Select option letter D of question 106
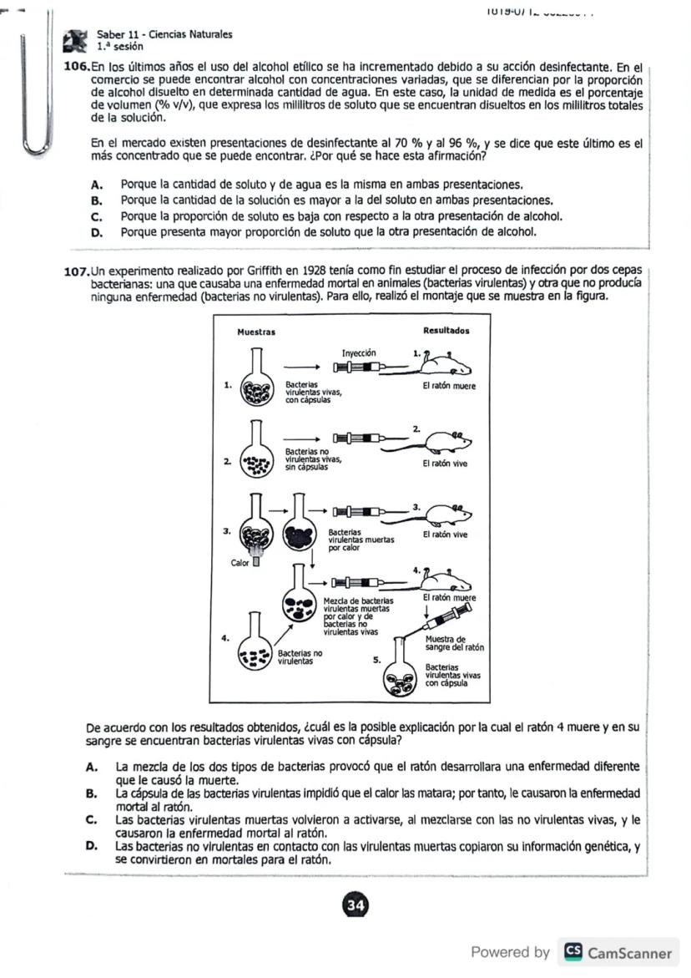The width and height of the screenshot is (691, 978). pos(97,232)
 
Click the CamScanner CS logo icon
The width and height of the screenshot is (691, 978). pos(573,952)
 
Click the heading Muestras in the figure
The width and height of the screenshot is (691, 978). pos(256,332)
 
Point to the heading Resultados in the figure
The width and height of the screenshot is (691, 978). pos(446,331)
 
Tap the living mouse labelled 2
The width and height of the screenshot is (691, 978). pos(447,440)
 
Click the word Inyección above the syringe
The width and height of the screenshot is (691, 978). pos(359,353)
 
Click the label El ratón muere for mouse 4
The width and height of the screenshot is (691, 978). pos(449,598)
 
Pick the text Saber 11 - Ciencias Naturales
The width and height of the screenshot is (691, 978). pos(164,34)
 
